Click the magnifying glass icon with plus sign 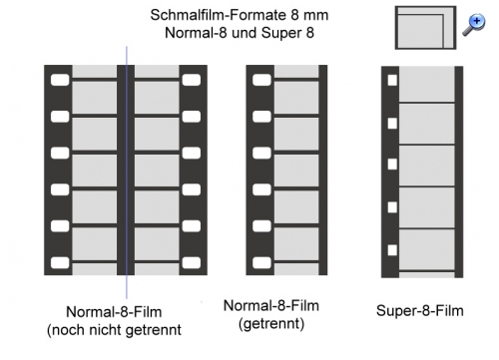474,24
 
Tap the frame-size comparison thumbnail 425,28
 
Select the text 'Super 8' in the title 287,33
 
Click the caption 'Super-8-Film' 420,311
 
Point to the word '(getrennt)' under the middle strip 271,323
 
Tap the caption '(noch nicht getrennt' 114,330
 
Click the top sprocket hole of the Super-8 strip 392,81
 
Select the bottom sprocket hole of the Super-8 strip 392,250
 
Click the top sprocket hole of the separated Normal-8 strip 261,80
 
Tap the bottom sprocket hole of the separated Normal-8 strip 261,263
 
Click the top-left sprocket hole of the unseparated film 60,80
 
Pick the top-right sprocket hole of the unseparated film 192,80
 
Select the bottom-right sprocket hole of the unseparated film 192,263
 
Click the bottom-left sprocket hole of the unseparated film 60,263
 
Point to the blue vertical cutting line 127,173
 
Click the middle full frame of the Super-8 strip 427,166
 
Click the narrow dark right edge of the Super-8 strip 459,172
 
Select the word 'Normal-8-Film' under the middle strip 271,305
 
